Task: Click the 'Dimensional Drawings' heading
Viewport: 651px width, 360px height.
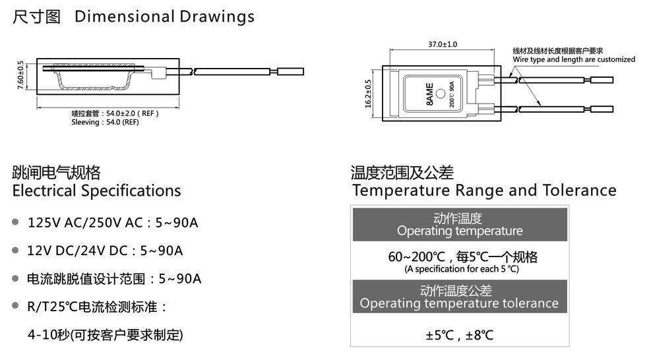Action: [x=164, y=16]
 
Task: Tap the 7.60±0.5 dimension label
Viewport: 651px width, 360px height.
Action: [x=20, y=75]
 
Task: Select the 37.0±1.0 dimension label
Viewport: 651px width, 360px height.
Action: [x=443, y=44]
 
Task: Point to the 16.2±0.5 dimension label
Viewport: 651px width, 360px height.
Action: [x=368, y=94]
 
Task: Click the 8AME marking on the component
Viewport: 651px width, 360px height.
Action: [x=429, y=94]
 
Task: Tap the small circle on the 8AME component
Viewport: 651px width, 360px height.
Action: [x=441, y=94]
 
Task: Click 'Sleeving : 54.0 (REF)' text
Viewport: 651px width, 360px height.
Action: [x=105, y=122]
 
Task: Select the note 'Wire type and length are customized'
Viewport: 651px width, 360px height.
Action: [x=574, y=59]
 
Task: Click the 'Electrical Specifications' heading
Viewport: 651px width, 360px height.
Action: [x=97, y=191]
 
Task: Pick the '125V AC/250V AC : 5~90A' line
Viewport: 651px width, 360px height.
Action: [x=113, y=223]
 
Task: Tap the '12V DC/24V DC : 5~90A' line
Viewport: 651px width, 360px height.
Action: [x=105, y=251]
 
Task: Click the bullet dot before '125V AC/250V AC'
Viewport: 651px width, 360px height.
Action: [x=16, y=222]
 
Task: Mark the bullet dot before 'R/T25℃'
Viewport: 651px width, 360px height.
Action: [x=16, y=306]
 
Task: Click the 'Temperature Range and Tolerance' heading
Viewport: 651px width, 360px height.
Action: [x=484, y=190]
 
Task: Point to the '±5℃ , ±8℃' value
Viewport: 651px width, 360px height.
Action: [x=460, y=335]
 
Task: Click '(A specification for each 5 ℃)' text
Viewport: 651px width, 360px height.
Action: [x=462, y=269]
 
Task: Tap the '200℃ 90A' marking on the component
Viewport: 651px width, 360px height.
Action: [x=452, y=94]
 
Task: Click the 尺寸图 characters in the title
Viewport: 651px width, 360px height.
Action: [x=36, y=16]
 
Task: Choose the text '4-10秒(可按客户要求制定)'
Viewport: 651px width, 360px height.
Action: [x=106, y=334]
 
